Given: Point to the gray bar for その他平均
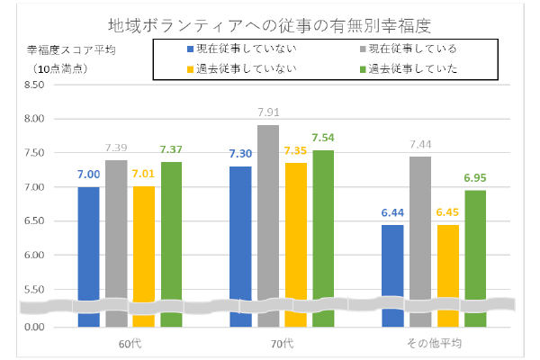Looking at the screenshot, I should [x=420, y=229].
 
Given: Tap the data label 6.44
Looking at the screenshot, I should [x=393, y=212].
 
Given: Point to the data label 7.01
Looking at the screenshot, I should [x=144, y=175].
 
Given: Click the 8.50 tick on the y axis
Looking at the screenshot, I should [x=32, y=85].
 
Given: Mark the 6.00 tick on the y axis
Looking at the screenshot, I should [x=32, y=256].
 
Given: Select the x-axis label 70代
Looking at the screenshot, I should [x=282, y=343].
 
